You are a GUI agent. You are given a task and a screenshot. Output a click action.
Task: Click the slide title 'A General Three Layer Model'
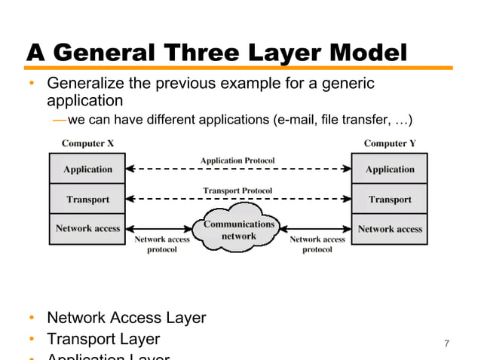click(217, 53)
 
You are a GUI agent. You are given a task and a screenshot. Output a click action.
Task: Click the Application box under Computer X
click(87, 169)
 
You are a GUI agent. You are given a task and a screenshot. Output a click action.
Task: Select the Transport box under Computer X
click(87, 200)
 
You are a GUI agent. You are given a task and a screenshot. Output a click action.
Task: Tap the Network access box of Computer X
click(87, 228)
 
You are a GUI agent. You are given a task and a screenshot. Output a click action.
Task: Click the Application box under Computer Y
click(390, 169)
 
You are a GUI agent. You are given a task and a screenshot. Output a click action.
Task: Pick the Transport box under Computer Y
click(390, 200)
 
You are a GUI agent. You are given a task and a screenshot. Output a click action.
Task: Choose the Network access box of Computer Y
click(390, 228)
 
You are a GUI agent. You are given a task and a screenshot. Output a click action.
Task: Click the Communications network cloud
click(240, 230)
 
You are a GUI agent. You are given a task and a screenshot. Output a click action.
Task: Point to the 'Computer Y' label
click(391, 143)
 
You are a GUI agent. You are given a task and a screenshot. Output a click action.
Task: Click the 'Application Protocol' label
click(237, 160)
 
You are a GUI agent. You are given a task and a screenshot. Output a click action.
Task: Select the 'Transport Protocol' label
click(237, 191)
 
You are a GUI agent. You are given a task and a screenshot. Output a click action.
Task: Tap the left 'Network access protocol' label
click(162, 244)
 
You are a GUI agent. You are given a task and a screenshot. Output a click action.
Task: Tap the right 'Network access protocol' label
click(317, 244)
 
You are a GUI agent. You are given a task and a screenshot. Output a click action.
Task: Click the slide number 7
click(447, 344)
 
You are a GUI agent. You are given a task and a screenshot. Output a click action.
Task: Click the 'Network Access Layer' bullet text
click(126, 318)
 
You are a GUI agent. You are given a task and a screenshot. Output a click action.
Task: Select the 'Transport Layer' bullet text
click(103, 340)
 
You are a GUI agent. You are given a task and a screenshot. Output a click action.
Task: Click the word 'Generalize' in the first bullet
click(84, 84)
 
